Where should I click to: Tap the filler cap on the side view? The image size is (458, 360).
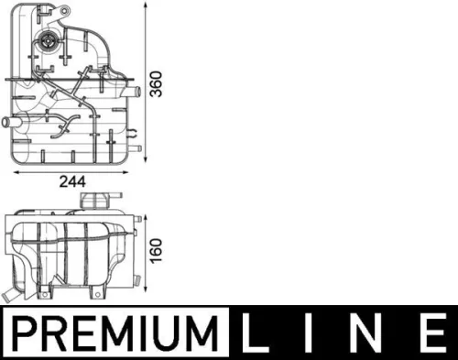pos(94,201)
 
